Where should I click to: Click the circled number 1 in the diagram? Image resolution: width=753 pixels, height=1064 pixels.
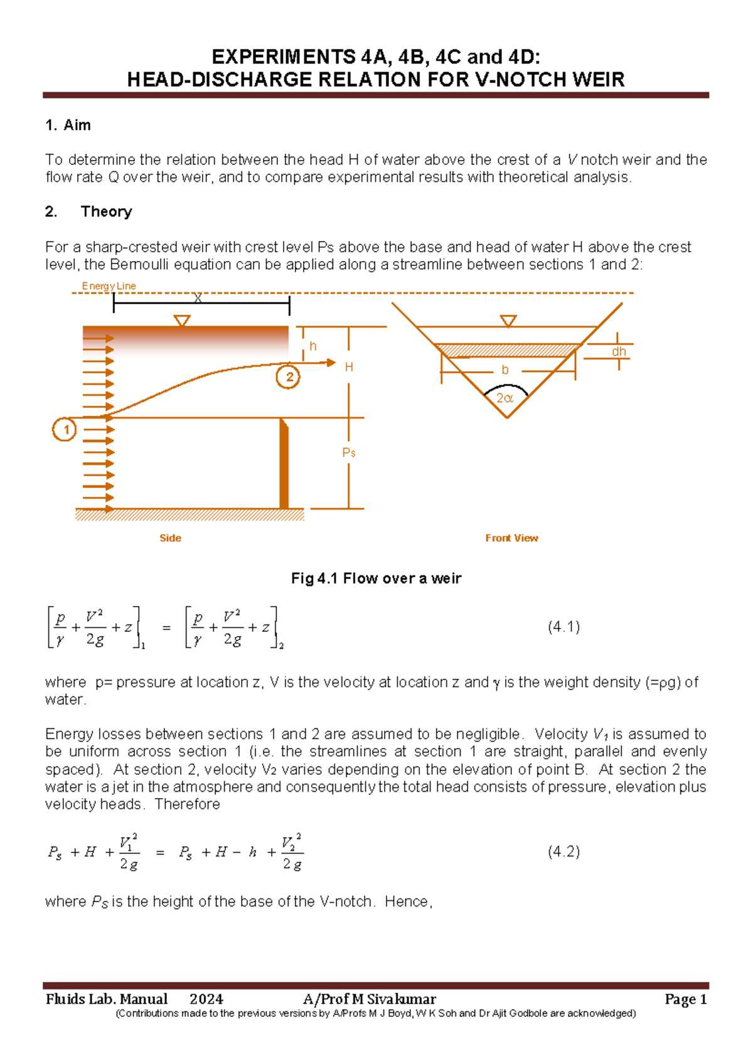[x=65, y=430]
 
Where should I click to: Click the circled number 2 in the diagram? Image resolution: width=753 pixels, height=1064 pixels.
[x=289, y=377]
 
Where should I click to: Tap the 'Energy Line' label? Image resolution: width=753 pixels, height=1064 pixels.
[x=109, y=286]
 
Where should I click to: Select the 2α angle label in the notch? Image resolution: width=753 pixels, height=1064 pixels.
[x=505, y=398]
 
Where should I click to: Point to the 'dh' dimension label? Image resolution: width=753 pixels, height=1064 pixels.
[x=619, y=352]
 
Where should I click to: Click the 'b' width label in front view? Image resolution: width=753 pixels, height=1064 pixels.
[x=505, y=370]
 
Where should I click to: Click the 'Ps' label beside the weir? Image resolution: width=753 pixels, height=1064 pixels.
[x=349, y=452]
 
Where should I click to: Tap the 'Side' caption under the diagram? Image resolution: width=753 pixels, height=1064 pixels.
[x=170, y=538]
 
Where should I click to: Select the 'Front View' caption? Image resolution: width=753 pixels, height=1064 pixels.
[x=511, y=538]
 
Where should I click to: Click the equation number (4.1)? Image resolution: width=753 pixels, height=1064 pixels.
[x=563, y=627]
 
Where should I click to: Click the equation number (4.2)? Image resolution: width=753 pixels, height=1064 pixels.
[x=563, y=851]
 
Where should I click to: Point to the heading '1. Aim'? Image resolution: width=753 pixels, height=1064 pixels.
[x=68, y=125]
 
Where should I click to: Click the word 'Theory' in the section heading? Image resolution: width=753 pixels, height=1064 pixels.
[x=106, y=211]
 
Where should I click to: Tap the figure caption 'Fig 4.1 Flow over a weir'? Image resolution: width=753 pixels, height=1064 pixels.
[x=376, y=578]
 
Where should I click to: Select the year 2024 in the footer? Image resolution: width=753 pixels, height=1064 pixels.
[x=206, y=999]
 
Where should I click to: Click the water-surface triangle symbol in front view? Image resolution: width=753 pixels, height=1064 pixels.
[x=508, y=321]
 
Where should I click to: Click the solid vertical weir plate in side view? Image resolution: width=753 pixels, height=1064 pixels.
[x=284, y=464]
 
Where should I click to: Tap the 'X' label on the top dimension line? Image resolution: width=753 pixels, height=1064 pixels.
[x=198, y=299]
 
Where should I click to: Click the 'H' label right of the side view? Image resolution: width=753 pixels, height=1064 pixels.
[x=349, y=368]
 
